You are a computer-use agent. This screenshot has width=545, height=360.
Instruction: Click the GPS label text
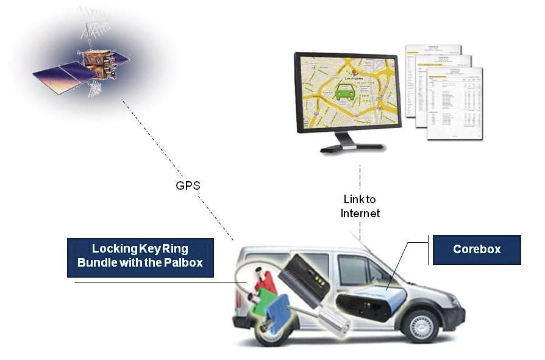point(188,185)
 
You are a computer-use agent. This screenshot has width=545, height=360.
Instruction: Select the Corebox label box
point(477,250)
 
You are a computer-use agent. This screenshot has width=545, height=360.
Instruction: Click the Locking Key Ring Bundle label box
point(140,257)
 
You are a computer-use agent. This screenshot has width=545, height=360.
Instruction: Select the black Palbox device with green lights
point(307,280)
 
